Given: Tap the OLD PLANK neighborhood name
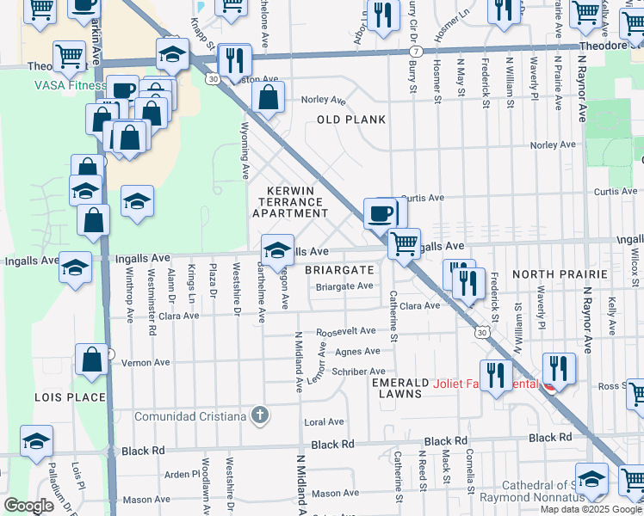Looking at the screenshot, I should click(x=351, y=120).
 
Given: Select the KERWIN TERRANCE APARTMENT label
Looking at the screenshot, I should click(x=289, y=200).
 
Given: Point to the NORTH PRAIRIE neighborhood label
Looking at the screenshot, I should click(x=560, y=273).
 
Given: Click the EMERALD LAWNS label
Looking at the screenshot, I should click(x=397, y=388).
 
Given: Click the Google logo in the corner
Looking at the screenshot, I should click(x=28, y=505).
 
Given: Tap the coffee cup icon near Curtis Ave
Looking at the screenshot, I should click(x=380, y=212).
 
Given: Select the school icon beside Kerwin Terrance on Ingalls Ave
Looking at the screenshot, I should click(x=277, y=250).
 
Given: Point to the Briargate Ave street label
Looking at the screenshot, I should click(x=344, y=286).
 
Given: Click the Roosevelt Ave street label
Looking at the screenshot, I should click(x=346, y=330).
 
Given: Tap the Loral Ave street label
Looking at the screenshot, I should click(x=324, y=422).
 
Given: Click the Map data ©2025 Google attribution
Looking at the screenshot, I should click(x=591, y=509).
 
